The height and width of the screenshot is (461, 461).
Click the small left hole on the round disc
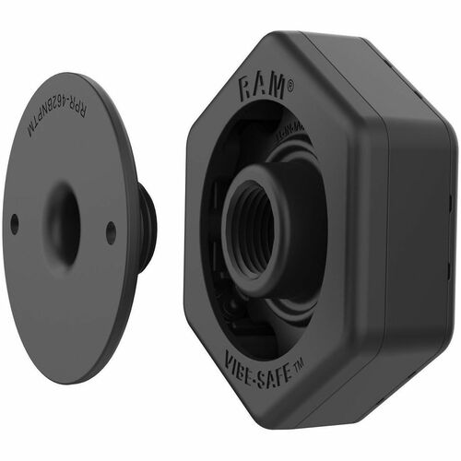click(x=15, y=221)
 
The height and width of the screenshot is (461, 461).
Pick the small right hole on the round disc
click(x=111, y=232)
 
